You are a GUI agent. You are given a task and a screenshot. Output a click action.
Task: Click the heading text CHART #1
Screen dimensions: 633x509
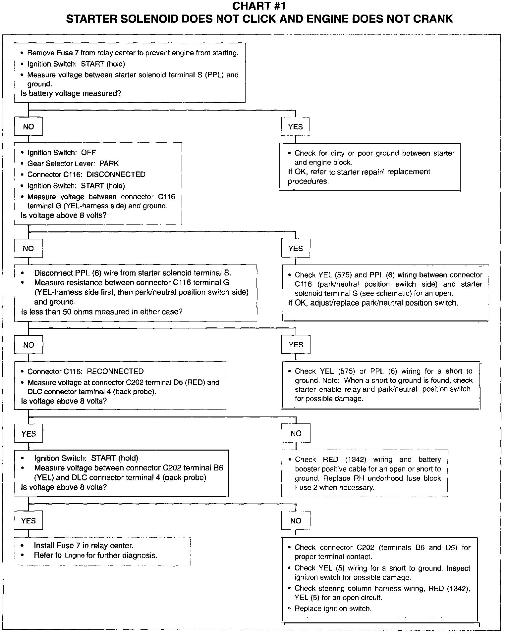[258, 6]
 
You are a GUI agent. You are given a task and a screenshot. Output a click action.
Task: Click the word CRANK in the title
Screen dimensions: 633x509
[433, 19]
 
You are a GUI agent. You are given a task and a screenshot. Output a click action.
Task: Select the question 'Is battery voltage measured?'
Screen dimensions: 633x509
[71, 93]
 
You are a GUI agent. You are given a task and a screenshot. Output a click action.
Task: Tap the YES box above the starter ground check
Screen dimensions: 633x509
[295, 127]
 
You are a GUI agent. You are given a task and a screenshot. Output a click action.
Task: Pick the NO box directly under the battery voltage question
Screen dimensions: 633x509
[28, 127]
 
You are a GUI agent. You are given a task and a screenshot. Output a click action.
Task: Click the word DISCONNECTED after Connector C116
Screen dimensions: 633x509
[116, 174]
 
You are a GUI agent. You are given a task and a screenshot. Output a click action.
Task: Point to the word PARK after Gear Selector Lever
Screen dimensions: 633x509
[109, 163]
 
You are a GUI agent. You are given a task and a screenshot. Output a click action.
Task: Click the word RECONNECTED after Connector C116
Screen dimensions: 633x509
[115, 371]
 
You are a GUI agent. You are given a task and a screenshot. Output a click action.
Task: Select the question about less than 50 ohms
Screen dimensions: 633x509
[102, 312]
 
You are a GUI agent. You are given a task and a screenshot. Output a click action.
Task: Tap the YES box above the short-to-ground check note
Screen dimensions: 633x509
[296, 345]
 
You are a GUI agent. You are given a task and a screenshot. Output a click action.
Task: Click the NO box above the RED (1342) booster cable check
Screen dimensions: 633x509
[296, 433]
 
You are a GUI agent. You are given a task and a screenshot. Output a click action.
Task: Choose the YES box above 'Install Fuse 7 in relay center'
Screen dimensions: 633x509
[28, 521]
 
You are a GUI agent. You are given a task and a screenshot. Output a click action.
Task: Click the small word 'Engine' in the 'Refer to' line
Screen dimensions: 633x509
[74, 556]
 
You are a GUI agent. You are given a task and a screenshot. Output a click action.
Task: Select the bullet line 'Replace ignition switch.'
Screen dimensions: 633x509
[333, 608]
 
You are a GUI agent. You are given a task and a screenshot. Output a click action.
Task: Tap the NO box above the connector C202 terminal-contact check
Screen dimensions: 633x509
[296, 521]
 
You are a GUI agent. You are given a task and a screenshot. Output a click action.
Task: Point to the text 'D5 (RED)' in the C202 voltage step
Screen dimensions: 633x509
[190, 382]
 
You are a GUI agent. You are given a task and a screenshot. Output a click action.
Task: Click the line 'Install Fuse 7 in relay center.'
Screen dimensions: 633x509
[84, 545]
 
